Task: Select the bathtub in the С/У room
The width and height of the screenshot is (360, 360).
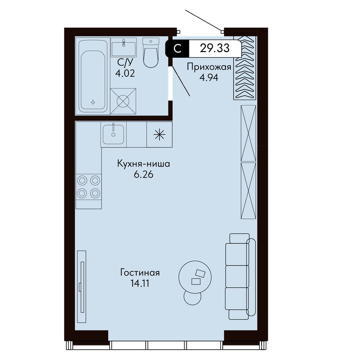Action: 93,76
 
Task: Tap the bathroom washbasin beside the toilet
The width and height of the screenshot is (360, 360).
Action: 124,47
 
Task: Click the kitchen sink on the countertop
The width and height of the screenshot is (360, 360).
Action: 113,134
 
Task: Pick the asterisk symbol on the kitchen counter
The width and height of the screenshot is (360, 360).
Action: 159,135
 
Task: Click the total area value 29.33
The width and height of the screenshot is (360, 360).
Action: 215,48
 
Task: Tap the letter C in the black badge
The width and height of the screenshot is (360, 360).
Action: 178,49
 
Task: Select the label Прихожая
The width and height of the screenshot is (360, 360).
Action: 209,67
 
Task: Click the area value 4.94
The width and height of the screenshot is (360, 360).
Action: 209,78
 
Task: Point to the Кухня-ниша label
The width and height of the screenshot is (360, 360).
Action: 143,164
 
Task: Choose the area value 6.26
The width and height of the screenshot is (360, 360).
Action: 143,175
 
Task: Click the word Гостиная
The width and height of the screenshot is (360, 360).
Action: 140,273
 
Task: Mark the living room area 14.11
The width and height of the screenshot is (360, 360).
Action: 140,284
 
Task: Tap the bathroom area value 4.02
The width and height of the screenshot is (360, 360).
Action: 125,74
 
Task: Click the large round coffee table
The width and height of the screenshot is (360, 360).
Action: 195,277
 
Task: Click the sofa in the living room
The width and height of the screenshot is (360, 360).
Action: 240,276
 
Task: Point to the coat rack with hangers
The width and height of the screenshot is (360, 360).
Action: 245,67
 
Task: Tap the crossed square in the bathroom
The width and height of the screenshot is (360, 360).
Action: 123,101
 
